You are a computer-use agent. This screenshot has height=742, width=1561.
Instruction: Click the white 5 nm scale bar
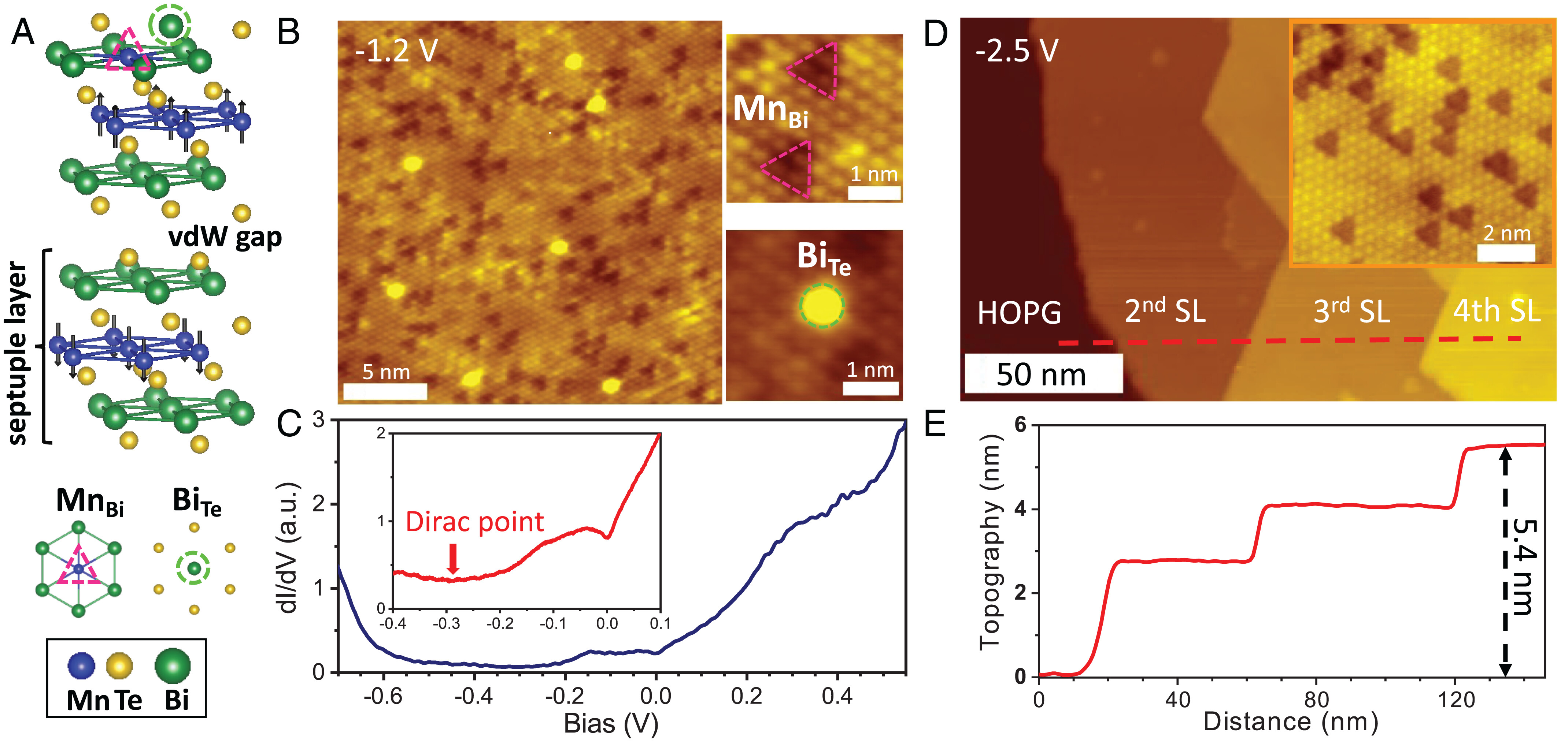385,391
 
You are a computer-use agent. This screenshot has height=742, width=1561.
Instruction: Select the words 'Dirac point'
474,522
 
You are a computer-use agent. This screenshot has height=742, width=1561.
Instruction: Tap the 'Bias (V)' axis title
611,724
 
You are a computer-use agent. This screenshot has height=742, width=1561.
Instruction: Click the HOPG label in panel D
1019,313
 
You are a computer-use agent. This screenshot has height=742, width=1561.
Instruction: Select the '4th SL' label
1497,311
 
